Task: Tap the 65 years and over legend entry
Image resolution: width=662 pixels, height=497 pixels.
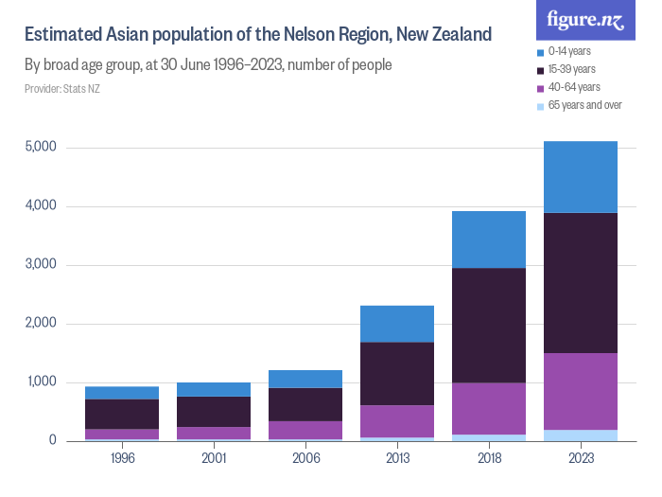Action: (x=584, y=105)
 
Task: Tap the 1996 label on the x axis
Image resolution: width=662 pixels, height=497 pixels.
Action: (x=122, y=459)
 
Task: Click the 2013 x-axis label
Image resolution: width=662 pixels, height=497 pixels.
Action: (x=397, y=459)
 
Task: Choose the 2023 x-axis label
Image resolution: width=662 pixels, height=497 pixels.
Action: (x=581, y=459)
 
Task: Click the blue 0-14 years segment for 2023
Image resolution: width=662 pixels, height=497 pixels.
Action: (x=581, y=177)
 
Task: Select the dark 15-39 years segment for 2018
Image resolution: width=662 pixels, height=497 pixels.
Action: (x=489, y=325)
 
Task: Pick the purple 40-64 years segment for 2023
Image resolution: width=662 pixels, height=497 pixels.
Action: (x=581, y=391)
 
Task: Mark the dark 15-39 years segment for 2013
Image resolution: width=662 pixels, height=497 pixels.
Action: (x=397, y=373)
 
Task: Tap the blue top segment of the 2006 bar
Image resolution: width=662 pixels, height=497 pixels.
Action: (x=305, y=379)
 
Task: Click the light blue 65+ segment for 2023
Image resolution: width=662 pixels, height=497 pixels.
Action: (x=581, y=435)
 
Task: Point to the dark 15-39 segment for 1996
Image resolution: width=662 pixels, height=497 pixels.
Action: (x=122, y=414)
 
